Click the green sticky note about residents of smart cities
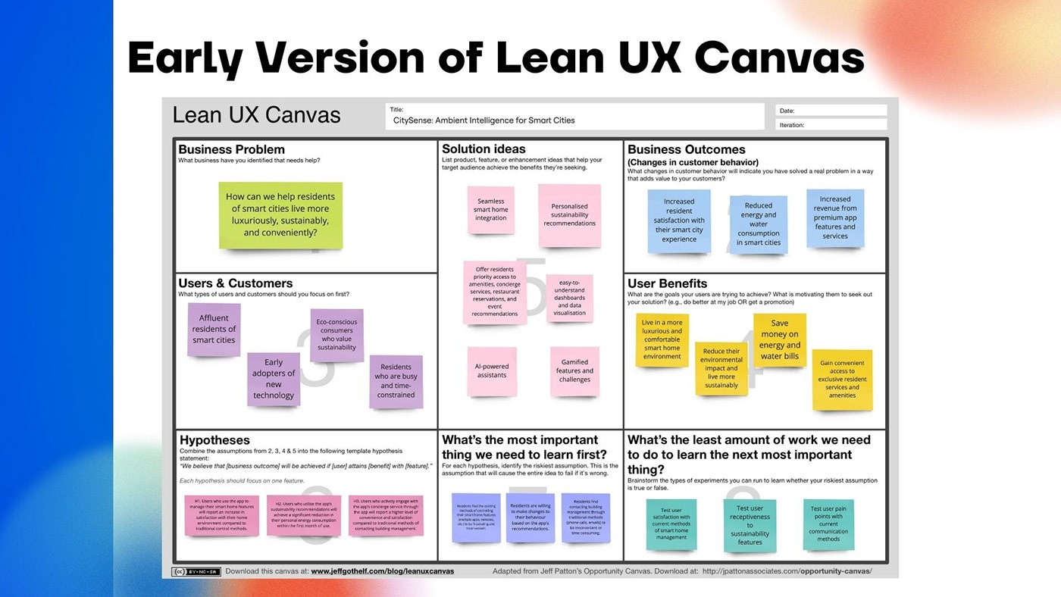(x=280, y=215)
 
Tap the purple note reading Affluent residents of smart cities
(x=214, y=330)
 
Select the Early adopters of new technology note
(x=274, y=379)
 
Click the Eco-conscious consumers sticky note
(x=336, y=335)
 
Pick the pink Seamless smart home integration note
(x=491, y=210)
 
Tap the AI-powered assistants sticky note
(x=492, y=371)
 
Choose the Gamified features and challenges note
(x=574, y=371)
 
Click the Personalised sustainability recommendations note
(x=569, y=215)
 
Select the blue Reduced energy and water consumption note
(x=759, y=224)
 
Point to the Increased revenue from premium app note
(x=835, y=218)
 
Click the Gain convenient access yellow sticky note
(x=842, y=380)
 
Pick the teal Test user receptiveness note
(x=750, y=525)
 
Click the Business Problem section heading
(x=232, y=149)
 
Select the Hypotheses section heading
(x=214, y=440)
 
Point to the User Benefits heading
(x=667, y=283)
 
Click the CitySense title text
(x=484, y=120)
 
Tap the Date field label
(x=787, y=111)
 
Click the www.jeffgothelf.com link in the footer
(x=382, y=571)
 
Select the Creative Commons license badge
(x=196, y=571)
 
